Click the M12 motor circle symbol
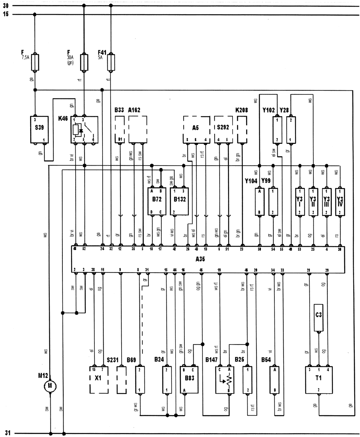50,386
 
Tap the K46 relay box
84,129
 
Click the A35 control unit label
201,259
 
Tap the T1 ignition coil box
318,379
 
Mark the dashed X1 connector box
99,380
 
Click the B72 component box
157,201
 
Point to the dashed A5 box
195,129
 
